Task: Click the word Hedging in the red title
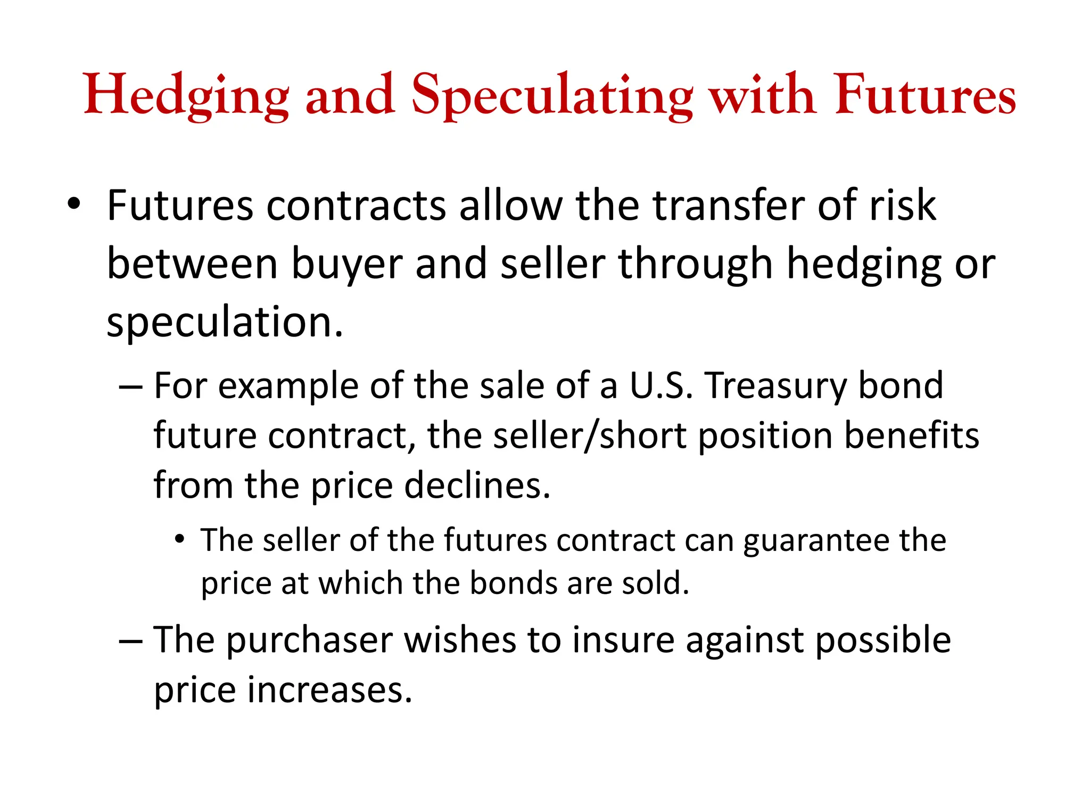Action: coord(186,96)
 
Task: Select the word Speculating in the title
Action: coord(552,96)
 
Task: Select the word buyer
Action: coord(346,264)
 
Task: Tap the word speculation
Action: coord(225,323)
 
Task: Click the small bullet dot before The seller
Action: coord(180,540)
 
